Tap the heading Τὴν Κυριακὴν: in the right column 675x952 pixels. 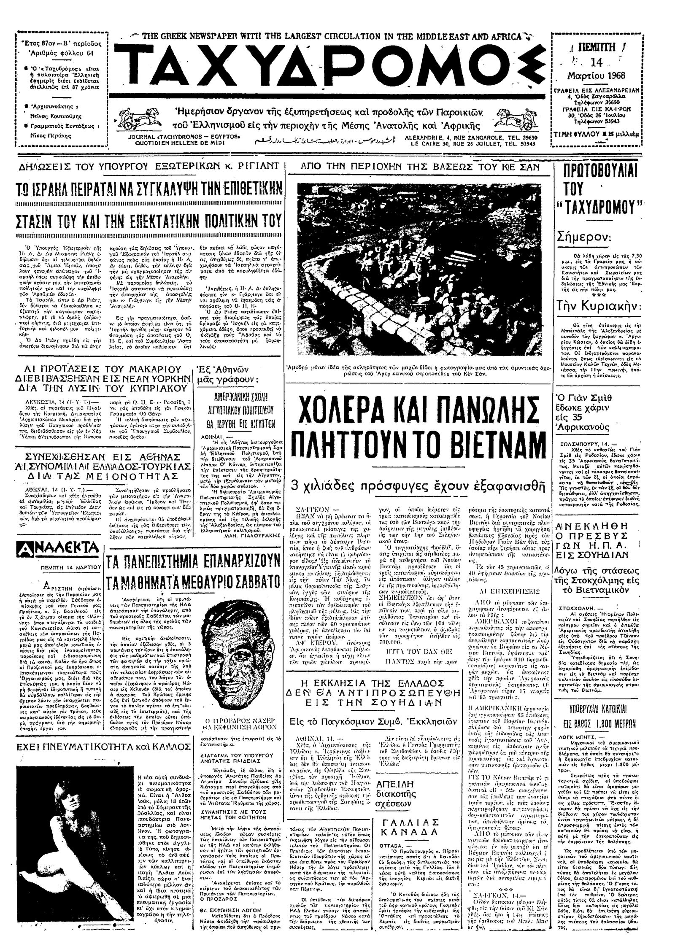pyautogui.click(x=596, y=317)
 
